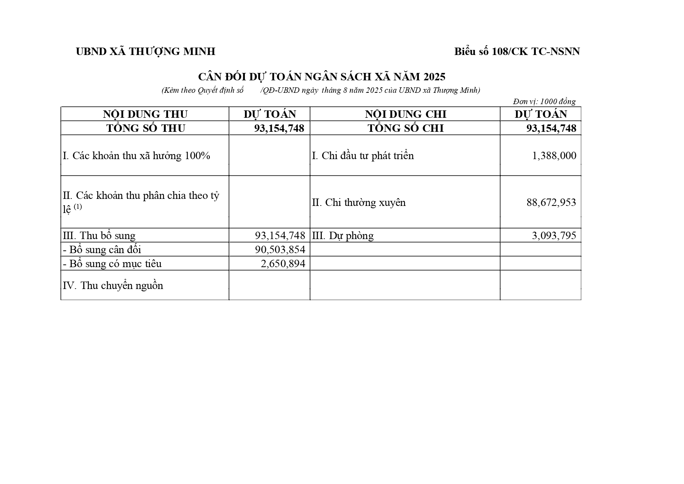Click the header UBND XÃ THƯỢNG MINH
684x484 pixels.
tap(145, 51)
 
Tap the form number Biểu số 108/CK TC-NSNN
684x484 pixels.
tap(517, 51)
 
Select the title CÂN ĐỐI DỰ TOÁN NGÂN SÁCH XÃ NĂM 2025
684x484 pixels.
tap(322, 76)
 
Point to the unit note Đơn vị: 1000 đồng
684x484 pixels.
tap(544, 101)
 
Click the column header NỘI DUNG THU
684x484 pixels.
tap(145, 114)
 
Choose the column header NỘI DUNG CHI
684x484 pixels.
tap(405, 114)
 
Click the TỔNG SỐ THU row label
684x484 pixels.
tap(145, 128)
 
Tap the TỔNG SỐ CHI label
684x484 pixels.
tap(406, 128)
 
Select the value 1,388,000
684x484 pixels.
tap(554, 156)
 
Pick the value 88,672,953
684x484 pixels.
tap(551, 202)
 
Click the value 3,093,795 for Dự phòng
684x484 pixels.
tap(554, 236)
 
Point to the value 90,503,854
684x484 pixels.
tap(280, 250)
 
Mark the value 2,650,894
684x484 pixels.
tap(283, 264)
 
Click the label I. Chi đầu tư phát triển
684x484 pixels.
tap(363, 156)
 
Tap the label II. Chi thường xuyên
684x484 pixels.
tap(359, 202)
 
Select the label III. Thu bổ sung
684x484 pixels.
tap(99, 236)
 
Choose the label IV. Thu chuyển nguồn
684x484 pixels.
tap(113, 285)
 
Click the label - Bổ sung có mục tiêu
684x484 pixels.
tap(112, 264)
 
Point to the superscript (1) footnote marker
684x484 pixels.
tap(78, 207)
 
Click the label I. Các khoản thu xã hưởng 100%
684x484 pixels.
tap(136, 156)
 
